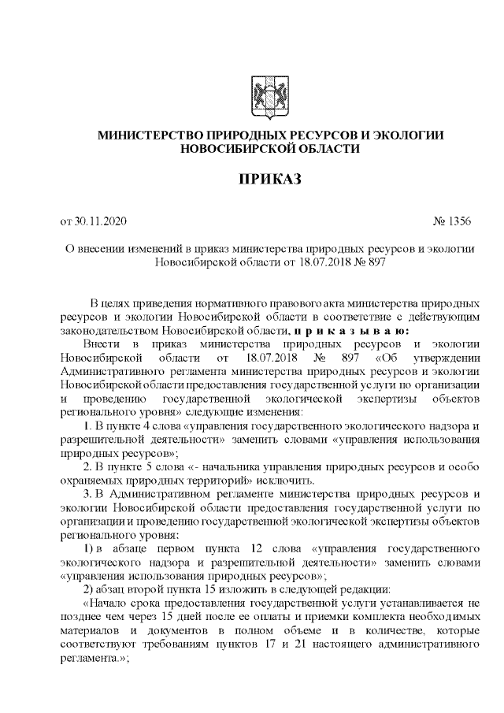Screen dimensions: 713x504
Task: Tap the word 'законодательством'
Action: tap(110, 330)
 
